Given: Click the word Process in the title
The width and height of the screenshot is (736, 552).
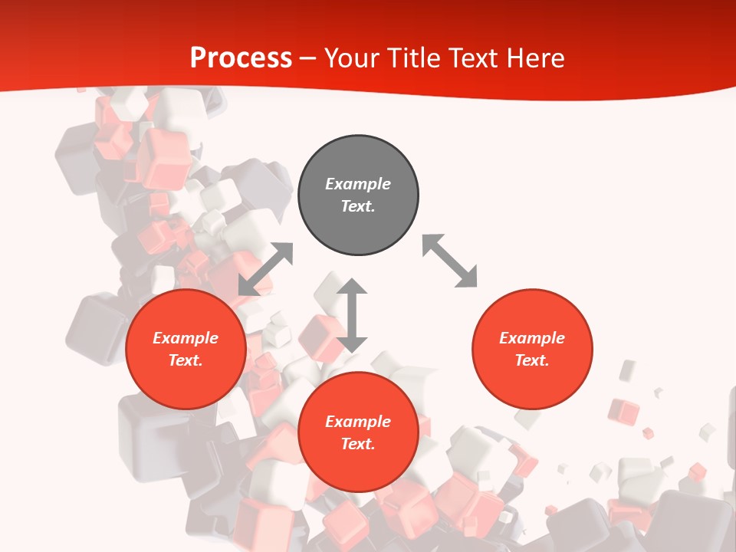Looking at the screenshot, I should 241,58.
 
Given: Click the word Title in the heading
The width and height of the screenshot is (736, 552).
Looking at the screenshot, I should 411,58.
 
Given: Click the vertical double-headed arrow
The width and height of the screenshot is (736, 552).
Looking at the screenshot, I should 352,315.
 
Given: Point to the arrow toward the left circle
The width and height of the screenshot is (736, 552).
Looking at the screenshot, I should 265,269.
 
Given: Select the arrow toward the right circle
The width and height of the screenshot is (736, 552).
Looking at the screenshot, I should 450,261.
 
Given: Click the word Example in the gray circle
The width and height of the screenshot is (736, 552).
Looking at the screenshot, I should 358,184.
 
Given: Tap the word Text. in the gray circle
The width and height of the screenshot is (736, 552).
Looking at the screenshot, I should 358,206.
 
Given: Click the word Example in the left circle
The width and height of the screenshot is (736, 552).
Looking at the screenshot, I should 186,338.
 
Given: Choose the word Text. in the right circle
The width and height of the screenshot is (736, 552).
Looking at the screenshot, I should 532,360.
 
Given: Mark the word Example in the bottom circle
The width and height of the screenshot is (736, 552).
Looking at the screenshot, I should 358,422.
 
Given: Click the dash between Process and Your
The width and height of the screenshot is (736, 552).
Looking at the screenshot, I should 308,58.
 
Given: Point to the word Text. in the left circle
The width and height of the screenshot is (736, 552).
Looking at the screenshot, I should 186,360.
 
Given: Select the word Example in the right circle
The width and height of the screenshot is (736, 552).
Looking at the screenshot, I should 532,338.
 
